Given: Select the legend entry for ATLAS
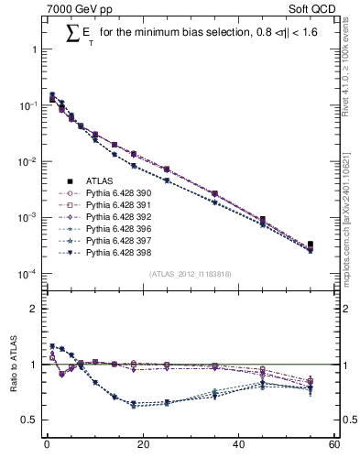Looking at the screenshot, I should point(102,181).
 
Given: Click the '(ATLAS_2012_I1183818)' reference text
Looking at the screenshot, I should point(190,274).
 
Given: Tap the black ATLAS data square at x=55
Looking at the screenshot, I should point(310,245).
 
